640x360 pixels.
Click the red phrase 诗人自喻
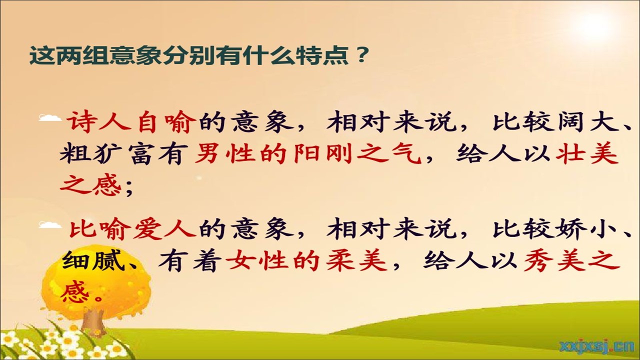[132, 123]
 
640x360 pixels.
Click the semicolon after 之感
[129, 188]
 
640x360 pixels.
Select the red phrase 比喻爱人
[132, 228]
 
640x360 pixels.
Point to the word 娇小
[583, 228]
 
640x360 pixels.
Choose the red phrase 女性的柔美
[305, 260]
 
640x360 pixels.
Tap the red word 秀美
[555, 260]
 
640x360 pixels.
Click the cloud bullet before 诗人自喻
[50, 117]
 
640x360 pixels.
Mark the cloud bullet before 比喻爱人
[50, 224]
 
